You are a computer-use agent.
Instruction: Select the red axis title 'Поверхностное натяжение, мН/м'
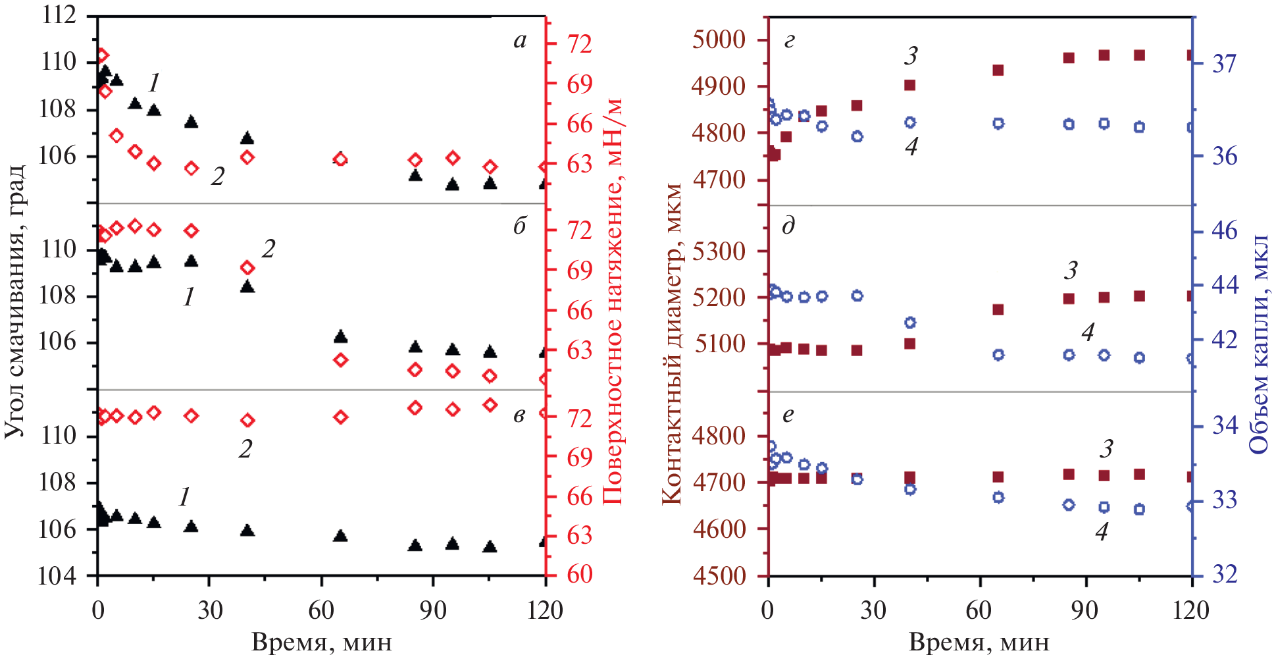[613, 302]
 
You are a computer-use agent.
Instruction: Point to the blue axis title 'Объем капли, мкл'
[1259, 344]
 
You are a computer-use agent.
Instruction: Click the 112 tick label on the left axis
[59, 14]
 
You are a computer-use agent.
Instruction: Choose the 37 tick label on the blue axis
[1224, 64]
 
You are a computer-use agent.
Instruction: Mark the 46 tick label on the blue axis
[1224, 231]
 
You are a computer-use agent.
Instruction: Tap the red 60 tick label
[579, 575]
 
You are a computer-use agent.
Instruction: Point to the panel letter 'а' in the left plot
[520, 41]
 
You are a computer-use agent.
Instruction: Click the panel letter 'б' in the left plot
[520, 226]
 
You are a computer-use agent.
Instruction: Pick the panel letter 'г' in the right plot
[788, 41]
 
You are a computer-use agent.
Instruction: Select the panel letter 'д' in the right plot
[788, 226]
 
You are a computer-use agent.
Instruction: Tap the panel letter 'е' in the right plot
[788, 415]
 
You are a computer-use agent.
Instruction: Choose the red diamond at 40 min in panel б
[247, 267]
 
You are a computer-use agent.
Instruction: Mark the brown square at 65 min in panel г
[998, 70]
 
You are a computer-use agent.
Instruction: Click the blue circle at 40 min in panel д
[910, 323]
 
